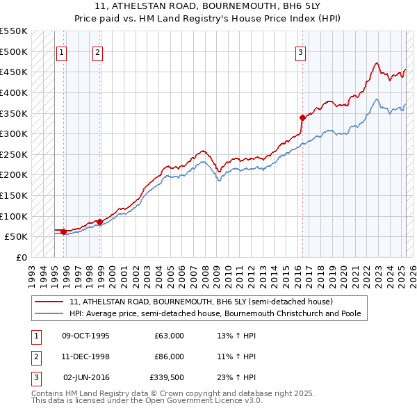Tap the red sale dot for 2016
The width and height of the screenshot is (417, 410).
[x=302, y=117]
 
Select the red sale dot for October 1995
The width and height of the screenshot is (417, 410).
[x=63, y=231]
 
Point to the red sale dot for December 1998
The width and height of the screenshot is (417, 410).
[x=99, y=222]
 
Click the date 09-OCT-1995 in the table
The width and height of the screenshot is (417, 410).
[x=86, y=336]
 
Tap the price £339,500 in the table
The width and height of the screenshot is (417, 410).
[x=166, y=377]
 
